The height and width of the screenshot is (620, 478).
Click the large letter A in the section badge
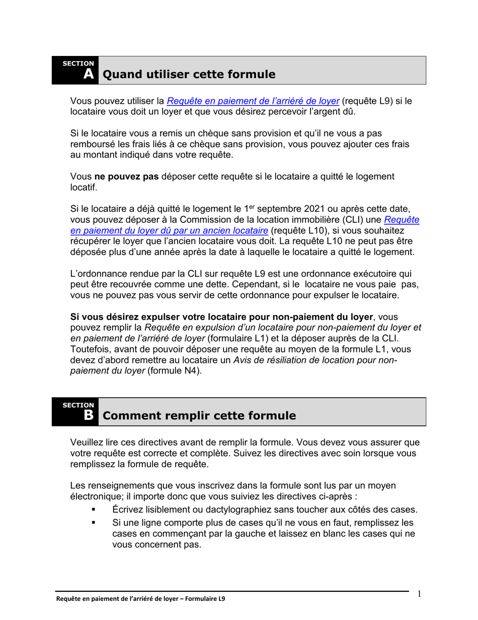89,75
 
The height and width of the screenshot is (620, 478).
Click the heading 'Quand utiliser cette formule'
189,75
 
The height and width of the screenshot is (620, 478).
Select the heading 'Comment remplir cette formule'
199,416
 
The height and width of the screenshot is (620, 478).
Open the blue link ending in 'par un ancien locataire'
169,230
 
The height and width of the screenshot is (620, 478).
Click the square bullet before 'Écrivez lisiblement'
93,510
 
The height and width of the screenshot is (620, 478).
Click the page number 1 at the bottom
420,594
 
